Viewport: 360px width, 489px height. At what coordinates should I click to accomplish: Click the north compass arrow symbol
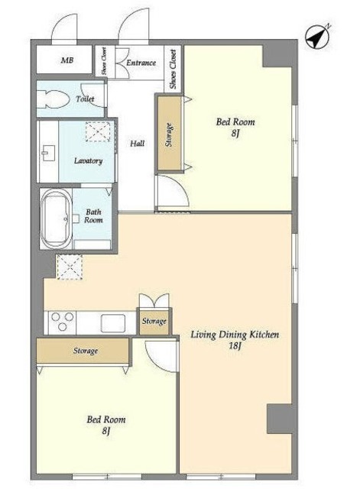tap(317, 37)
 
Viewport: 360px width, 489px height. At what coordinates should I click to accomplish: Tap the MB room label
tap(67, 60)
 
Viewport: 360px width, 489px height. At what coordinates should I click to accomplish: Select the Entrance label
tap(141, 63)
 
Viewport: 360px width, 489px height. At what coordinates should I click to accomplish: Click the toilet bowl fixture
tap(54, 99)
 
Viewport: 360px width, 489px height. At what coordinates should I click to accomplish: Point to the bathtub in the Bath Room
tap(56, 219)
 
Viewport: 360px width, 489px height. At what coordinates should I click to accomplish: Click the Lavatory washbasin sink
tap(48, 153)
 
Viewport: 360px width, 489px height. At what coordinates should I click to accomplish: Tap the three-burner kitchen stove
tap(62, 322)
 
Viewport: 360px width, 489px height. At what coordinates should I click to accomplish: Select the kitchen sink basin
tap(113, 323)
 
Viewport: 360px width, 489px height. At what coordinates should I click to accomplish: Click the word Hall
tap(138, 144)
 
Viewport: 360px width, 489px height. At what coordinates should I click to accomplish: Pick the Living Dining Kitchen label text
tap(235, 335)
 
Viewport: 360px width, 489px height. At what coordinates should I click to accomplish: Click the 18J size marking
tap(234, 346)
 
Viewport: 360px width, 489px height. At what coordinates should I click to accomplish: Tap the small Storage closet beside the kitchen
tap(154, 322)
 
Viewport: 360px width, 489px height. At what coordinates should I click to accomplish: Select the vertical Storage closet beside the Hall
tap(170, 134)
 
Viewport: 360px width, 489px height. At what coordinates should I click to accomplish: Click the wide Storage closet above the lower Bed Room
tap(83, 351)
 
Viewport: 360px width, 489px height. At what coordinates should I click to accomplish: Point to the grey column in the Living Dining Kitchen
tap(280, 419)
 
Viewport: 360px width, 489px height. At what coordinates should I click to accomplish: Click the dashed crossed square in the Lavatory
tap(98, 131)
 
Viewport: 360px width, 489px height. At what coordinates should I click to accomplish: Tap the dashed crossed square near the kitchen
tap(70, 267)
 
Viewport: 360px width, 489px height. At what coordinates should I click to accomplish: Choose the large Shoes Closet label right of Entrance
tap(173, 70)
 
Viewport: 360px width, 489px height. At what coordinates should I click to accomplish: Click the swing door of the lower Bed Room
tap(161, 357)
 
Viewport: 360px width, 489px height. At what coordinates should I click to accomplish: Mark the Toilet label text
tap(85, 99)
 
